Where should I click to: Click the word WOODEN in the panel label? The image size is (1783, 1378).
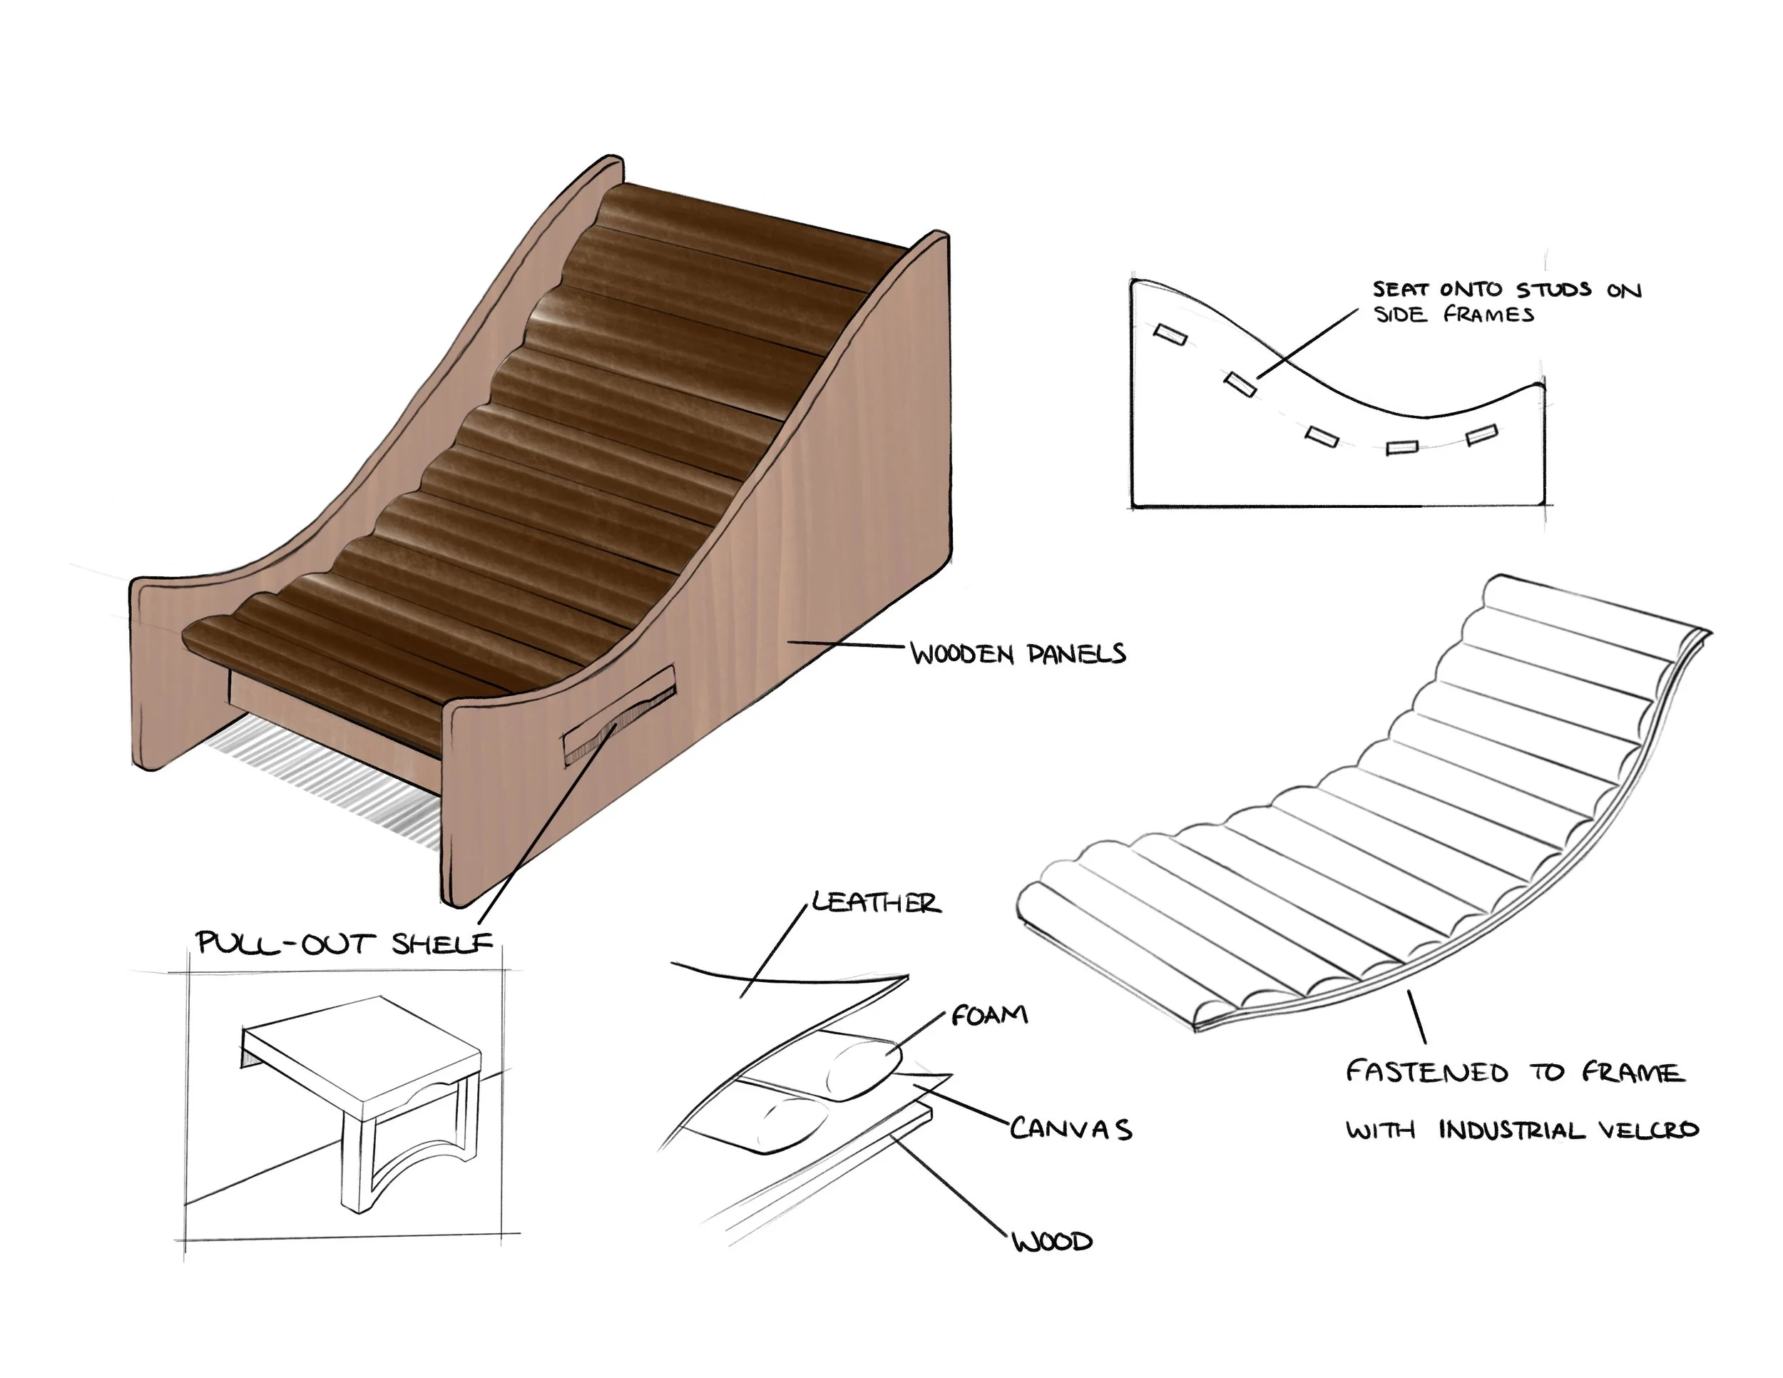[x=961, y=654]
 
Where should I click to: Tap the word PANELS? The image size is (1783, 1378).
[x=1076, y=653]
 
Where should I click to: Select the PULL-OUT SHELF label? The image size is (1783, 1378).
[x=344, y=943]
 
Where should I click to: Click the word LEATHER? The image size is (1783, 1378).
[x=876, y=902]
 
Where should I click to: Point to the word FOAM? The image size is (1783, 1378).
[x=988, y=1015]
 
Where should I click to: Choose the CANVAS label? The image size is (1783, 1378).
[x=1071, y=1129]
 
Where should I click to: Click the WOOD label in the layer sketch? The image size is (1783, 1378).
[x=1051, y=1242]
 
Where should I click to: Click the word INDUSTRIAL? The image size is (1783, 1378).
[x=1511, y=1130]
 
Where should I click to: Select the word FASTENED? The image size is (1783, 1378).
[x=1426, y=1071]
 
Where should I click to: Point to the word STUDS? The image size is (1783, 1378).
[x=1553, y=290]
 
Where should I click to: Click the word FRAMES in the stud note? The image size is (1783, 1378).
[x=1488, y=315]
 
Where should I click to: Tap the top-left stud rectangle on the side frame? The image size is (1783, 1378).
[x=1170, y=334]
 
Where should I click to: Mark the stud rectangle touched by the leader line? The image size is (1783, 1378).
[x=1240, y=383]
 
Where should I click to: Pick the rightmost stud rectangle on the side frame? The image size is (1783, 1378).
[x=1481, y=435]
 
